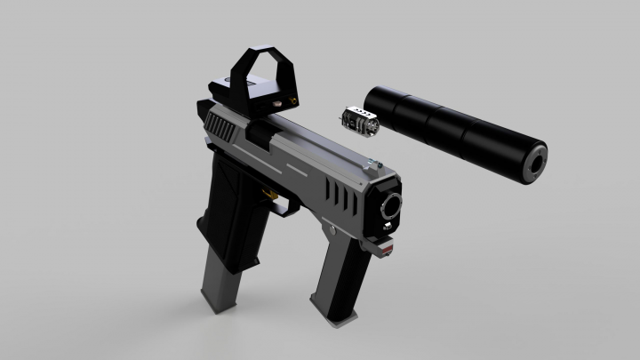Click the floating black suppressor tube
453,129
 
